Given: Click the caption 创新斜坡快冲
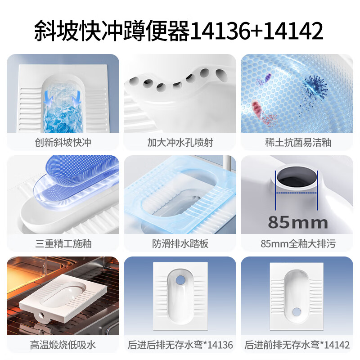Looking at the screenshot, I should (63, 143).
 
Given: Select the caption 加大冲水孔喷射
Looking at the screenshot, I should (180, 143).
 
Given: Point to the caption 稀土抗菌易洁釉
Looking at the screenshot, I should (297, 143).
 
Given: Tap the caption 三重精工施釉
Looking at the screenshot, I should (63, 244).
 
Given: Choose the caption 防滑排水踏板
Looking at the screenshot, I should (180, 244).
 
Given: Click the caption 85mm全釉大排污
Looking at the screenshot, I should (297, 244).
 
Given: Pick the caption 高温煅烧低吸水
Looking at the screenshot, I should (63, 345).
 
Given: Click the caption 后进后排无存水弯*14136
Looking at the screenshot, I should (180, 345).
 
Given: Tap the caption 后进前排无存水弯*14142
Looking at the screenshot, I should (297, 345).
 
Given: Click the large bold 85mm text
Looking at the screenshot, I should (297, 221).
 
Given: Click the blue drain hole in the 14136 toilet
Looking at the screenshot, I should (180, 279).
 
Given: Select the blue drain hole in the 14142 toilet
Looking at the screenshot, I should (297, 311).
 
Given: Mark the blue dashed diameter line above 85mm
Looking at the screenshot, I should (297, 194).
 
